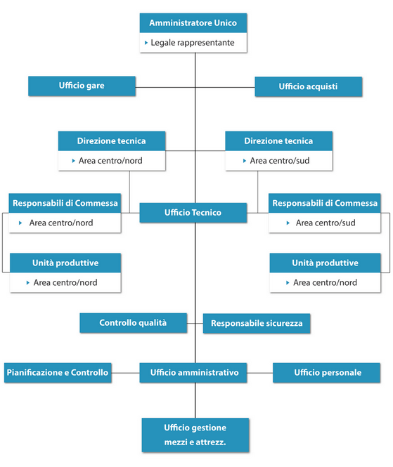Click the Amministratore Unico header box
193,23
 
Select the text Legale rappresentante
193,43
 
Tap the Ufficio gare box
82,86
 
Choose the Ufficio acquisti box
309,86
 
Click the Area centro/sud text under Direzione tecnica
280,161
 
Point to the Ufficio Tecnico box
193,213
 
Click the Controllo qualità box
134,323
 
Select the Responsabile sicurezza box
257,324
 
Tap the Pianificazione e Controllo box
58,373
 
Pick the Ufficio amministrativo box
193,373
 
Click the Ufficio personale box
326,373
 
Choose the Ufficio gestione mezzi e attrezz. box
195,435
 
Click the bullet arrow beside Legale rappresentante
146,43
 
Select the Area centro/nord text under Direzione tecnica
110,161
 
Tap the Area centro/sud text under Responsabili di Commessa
326,223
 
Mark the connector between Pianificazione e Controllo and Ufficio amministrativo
126,373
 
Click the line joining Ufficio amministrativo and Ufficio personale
259,373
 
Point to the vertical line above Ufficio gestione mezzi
195,400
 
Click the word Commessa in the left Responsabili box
96,203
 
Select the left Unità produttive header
65,263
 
